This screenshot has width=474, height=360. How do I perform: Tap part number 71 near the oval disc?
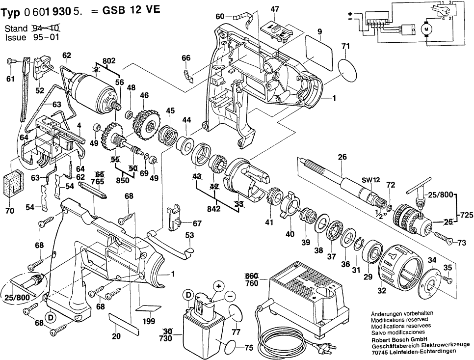pyautogui.click(x=345, y=47)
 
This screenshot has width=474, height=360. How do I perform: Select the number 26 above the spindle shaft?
pyautogui.click(x=342, y=157)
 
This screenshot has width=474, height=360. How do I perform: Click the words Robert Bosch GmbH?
pyautogui.click(x=399, y=339)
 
